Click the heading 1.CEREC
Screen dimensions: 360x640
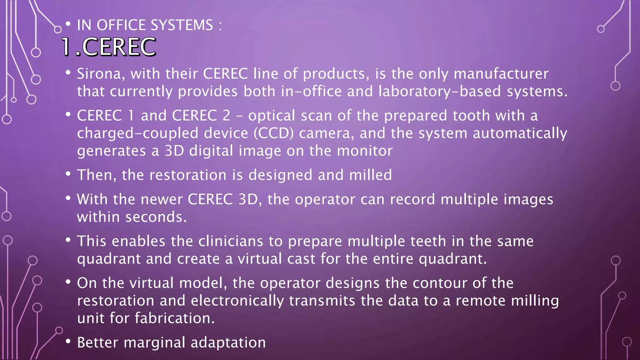(108, 47)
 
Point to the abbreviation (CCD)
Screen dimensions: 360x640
(273, 133)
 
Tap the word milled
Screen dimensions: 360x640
(370, 175)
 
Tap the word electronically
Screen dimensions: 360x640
(237, 301)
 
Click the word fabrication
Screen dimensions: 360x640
(175, 318)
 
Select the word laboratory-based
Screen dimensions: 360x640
(440, 92)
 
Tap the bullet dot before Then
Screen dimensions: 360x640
(68, 174)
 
